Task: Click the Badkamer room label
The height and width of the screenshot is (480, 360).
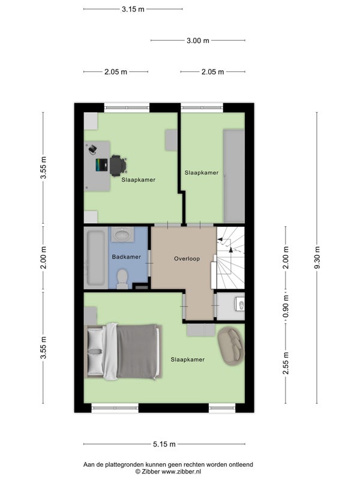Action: [126, 257]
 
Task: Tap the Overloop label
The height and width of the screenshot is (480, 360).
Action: [187, 259]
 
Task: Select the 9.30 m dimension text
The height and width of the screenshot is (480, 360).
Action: [317, 258]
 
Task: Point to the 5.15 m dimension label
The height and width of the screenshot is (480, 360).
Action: [164, 444]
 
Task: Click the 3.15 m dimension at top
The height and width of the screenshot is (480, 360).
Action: [133, 9]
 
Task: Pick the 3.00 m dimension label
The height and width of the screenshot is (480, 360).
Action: [198, 40]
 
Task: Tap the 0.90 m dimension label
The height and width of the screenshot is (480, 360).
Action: [286, 307]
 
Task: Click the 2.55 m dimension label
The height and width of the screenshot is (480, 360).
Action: [286, 363]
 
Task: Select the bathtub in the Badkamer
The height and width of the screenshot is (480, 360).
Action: [96, 258]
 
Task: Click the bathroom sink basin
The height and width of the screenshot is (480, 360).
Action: [122, 235]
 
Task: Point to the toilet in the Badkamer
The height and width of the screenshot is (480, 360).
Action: [122, 279]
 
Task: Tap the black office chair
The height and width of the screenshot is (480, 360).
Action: [118, 166]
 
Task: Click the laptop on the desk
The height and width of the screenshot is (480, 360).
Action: [101, 164]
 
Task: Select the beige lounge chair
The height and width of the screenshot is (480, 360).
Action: [232, 346]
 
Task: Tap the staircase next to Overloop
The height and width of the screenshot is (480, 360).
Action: [231, 258]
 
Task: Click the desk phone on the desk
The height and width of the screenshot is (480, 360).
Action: [93, 149]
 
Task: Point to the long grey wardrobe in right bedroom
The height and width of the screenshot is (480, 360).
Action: [234, 176]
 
